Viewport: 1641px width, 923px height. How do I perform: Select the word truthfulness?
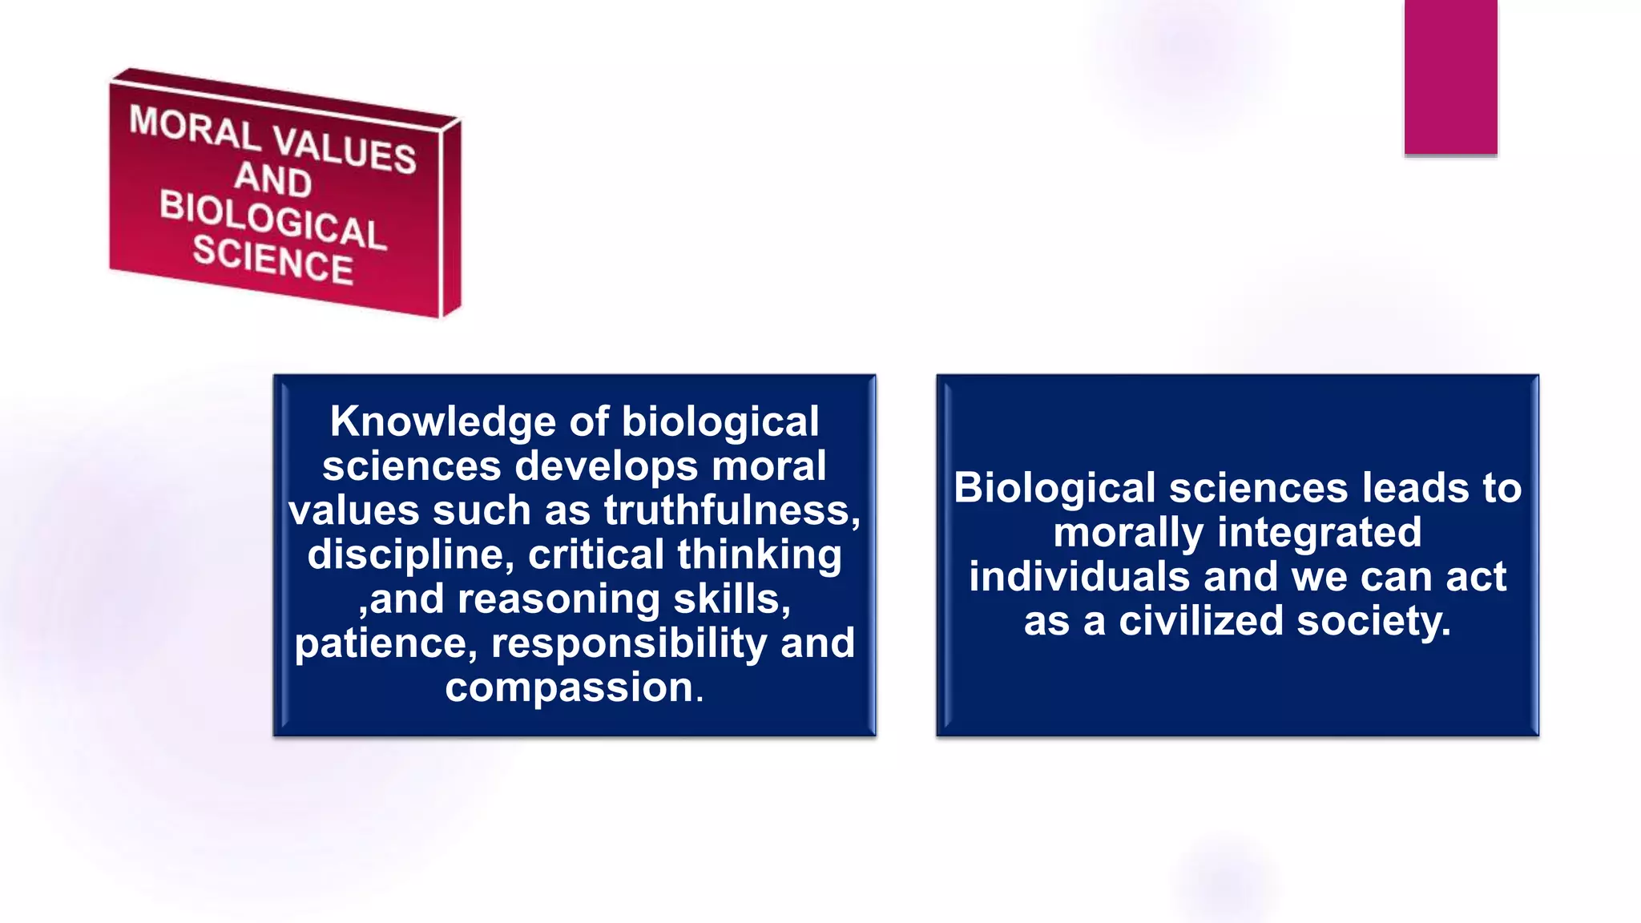tap(732, 510)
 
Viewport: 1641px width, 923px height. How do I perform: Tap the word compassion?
tap(570, 687)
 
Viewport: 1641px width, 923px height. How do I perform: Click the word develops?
tap(606, 466)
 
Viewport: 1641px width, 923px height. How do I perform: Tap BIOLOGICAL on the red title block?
tap(272, 219)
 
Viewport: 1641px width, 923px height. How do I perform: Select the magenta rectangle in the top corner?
tap(1450, 77)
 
